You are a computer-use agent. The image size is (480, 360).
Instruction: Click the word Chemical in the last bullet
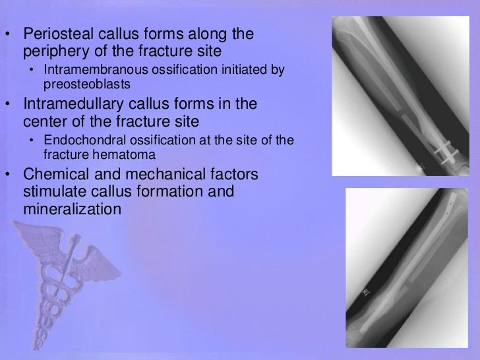tap(51, 177)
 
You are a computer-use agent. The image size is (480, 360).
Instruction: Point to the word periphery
tap(52, 50)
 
